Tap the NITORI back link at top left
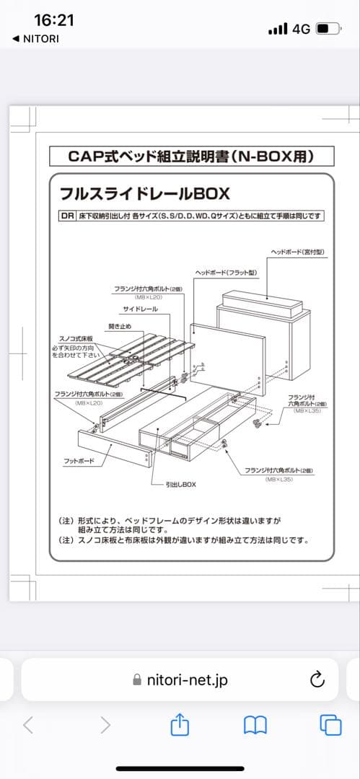35,38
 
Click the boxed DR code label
66,216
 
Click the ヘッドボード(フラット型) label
225,272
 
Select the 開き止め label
120,327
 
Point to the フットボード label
79,459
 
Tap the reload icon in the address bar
316,679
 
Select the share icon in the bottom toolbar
180,725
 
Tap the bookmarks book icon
255,725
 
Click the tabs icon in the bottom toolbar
330,725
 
